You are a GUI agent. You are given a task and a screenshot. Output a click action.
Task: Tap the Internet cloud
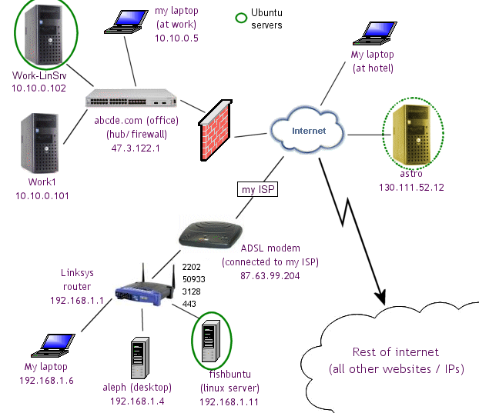point(308,131)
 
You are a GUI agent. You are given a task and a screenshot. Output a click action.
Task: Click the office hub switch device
point(132,100)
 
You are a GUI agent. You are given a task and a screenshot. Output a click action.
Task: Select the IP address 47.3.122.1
point(136,148)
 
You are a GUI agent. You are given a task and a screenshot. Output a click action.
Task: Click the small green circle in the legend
point(240,15)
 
